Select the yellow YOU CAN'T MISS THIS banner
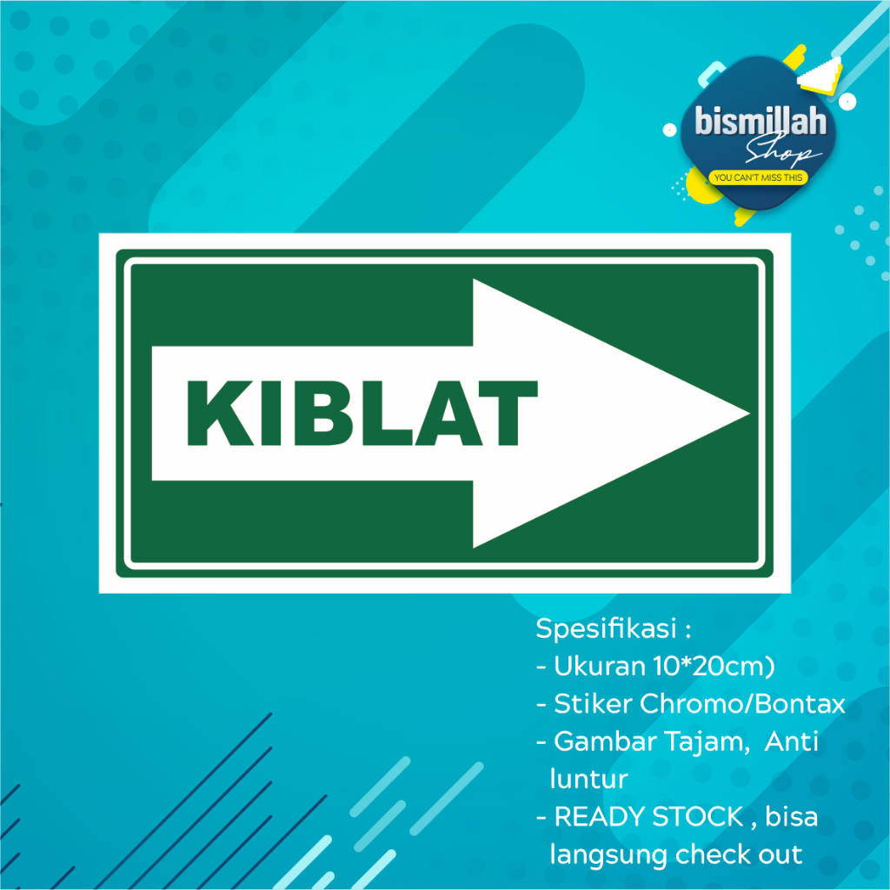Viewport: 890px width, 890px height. click(x=759, y=178)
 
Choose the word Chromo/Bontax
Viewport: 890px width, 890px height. click(x=742, y=704)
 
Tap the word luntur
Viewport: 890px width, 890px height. click(x=588, y=778)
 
